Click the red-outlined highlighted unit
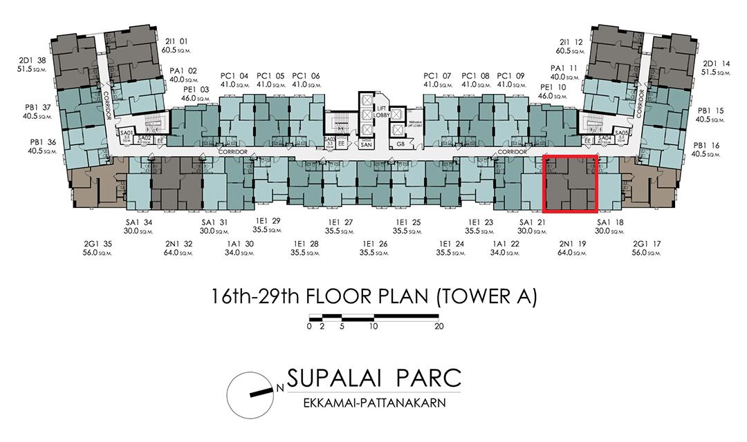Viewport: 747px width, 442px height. (x=571, y=184)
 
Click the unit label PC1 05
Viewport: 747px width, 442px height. (x=270, y=79)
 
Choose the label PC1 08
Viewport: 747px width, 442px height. (x=475, y=79)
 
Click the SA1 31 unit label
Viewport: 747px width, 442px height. (x=214, y=226)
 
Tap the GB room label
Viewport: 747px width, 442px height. (x=400, y=144)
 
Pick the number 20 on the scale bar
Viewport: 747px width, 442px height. (x=438, y=327)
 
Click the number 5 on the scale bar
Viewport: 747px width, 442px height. (x=342, y=327)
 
